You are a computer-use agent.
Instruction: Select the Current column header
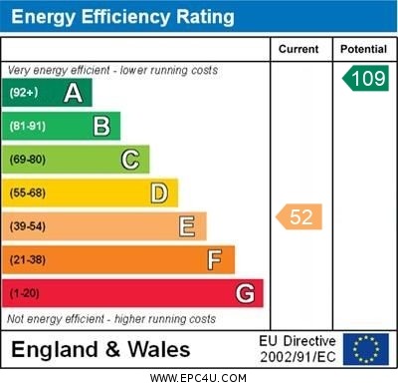click(x=298, y=49)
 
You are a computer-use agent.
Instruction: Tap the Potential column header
click(x=364, y=49)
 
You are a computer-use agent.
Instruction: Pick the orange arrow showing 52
click(x=299, y=216)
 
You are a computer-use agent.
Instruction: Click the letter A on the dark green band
click(x=73, y=94)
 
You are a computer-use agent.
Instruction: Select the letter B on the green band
click(x=101, y=127)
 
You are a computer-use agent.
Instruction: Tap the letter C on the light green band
click(x=130, y=160)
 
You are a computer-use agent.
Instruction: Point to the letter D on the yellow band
click(x=159, y=193)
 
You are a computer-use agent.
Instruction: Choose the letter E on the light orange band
click(x=187, y=226)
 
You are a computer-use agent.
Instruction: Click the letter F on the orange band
click(x=215, y=260)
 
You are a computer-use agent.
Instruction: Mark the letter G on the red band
click(x=245, y=294)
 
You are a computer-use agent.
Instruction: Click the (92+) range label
click(x=24, y=94)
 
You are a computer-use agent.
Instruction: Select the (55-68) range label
click(x=28, y=193)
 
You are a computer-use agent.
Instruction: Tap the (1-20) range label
click(x=26, y=294)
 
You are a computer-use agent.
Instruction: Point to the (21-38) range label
click(x=28, y=260)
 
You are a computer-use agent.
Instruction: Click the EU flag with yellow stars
click(x=365, y=349)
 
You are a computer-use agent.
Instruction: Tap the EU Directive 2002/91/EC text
click(x=298, y=349)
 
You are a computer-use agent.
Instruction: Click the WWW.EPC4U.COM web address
click(x=199, y=378)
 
